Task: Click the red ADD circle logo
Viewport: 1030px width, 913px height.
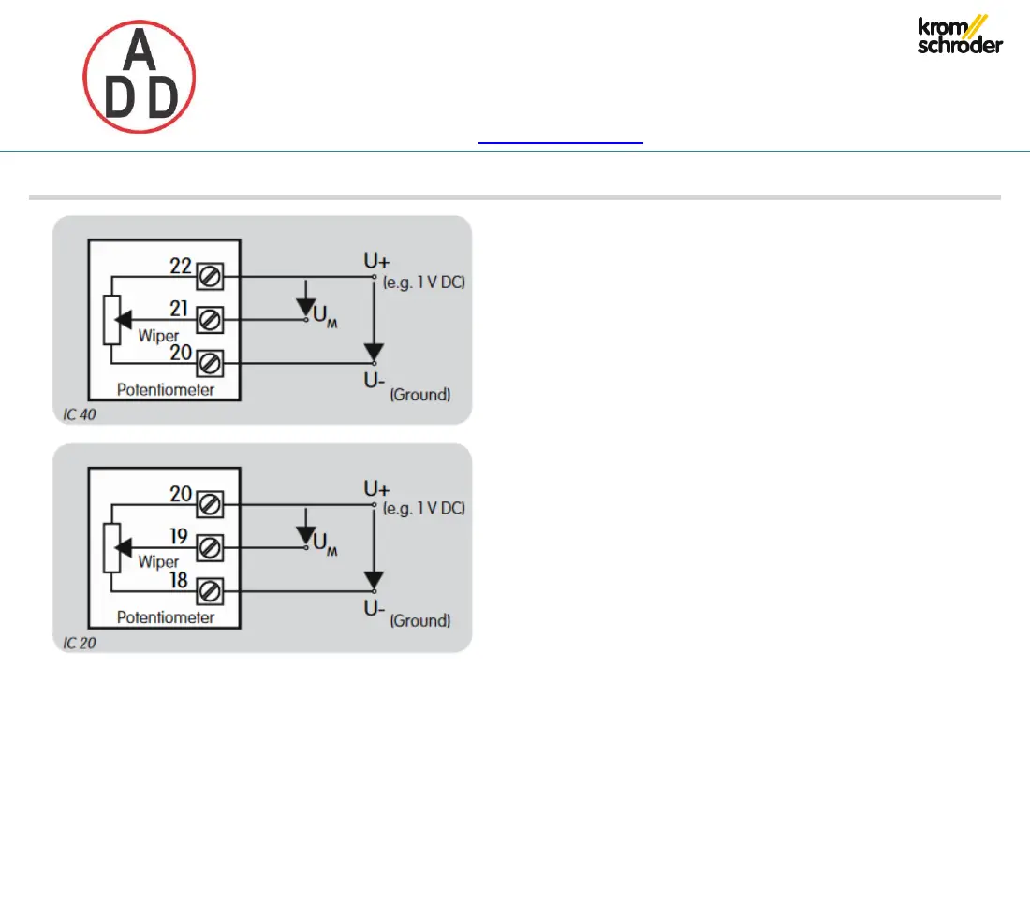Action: click(x=140, y=78)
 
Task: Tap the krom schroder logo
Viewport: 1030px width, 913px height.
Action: click(x=960, y=36)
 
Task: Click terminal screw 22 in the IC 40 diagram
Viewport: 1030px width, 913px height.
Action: click(x=211, y=277)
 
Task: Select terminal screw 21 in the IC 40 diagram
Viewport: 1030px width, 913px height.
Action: click(x=211, y=320)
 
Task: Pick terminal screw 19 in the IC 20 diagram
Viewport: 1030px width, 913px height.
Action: click(x=211, y=547)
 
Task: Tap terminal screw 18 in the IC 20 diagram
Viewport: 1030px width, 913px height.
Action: click(x=211, y=590)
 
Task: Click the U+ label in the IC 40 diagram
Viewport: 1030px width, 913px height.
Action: click(x=377, y=263)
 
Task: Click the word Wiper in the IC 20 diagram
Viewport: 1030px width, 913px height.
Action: click(x=158, y=562)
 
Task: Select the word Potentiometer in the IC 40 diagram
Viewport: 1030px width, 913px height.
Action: click(x=166, y=389)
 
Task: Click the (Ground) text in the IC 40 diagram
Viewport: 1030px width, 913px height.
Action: click(x=419, y=395)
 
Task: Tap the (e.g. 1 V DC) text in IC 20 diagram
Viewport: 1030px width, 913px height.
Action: click(x=425, y=509)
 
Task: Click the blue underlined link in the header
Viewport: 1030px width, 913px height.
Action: click(x=561, y=142)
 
